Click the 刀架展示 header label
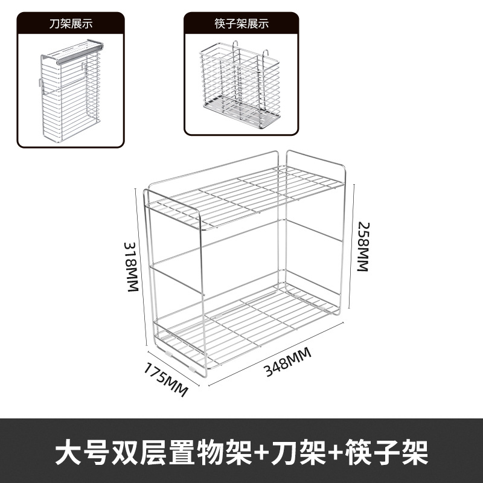(70, 25)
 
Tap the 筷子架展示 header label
(241, 25)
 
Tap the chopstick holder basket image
(241, 85)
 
